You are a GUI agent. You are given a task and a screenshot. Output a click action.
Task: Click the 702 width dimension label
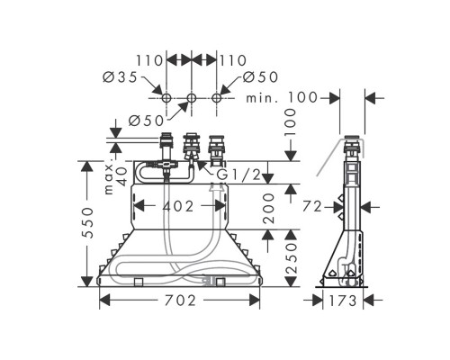180,301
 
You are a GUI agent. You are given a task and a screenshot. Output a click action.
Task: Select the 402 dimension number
178,206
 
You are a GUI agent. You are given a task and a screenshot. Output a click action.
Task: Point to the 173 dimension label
343,301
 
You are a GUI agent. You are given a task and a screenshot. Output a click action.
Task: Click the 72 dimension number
312,206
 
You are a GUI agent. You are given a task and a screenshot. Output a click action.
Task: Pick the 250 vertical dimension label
291,258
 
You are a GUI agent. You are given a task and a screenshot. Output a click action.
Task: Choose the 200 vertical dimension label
268,208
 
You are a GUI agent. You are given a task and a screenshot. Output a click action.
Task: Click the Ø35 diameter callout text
120,77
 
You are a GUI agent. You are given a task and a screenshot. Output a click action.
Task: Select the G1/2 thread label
238,175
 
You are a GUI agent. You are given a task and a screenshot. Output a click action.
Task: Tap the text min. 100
282,97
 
